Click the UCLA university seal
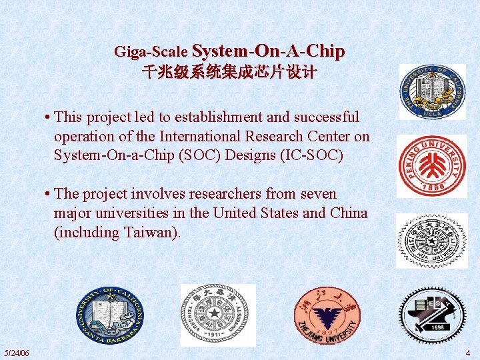coord(432,92)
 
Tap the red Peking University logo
coord(432,166)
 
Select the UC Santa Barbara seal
coord(109,315)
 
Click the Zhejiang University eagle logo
coord(327,315)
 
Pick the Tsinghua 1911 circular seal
coord(218,315)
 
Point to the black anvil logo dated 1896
coord(432,315)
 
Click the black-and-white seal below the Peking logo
coord(432,241)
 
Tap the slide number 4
coord(468,353)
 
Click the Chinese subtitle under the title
coord(229,72)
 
